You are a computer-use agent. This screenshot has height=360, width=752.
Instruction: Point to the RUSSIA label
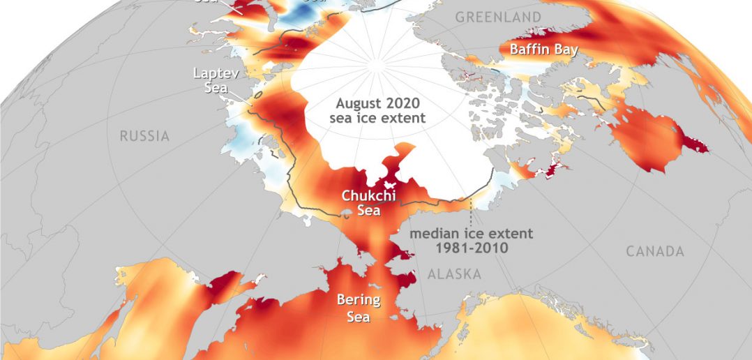point(144,136)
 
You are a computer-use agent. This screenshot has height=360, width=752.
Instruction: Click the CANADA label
point(654,251)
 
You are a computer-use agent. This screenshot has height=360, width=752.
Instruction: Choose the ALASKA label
point(454,274)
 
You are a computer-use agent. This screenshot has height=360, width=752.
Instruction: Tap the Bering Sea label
point(359,308)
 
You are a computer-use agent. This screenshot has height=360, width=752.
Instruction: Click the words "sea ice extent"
point(377,118)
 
